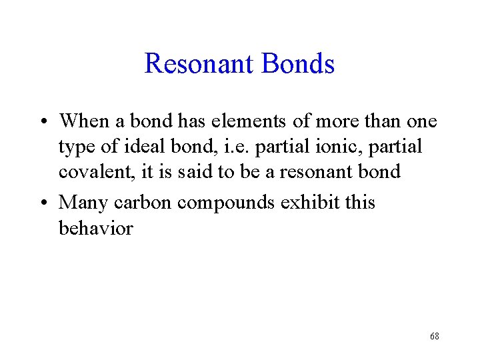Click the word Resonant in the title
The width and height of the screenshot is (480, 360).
pos(199,64)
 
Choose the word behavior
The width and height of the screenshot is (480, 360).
pos(96,228)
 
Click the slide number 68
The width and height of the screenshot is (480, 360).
pos(435,337)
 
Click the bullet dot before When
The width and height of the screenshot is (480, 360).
pos(43,123)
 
